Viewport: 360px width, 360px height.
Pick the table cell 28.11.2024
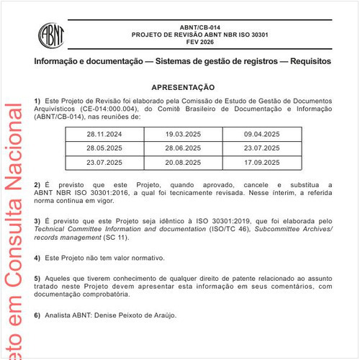(104, 135)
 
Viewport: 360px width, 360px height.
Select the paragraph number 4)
(37, 257)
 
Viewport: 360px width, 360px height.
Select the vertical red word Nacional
(12, 144)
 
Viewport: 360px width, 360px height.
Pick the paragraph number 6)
(37, 315)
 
